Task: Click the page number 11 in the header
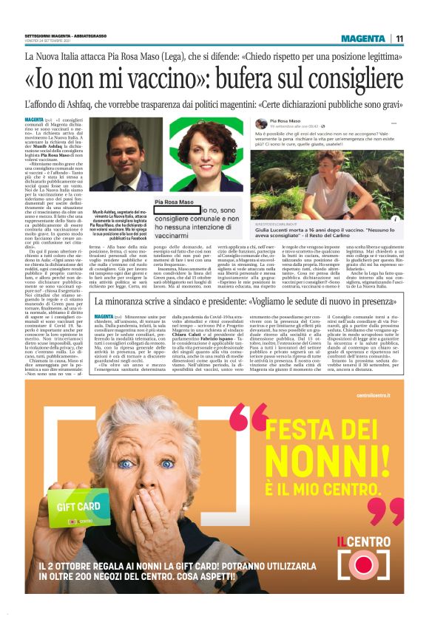click(x=399, y=38)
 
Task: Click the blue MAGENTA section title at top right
click(x=363, y=38)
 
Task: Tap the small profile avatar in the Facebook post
click(x=261, y=123)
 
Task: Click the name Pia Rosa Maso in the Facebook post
click(x=286, y=120)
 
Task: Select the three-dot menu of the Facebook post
click(x=393, y=123)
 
